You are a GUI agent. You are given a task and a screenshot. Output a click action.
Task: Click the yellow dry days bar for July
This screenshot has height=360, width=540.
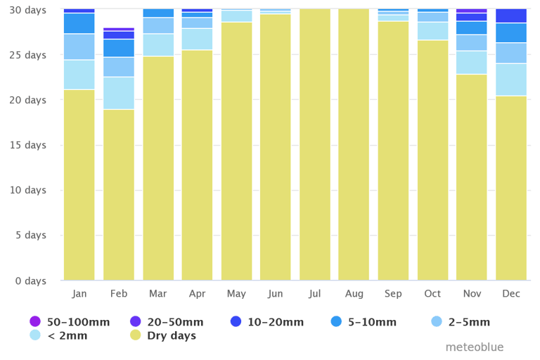coord(315,144)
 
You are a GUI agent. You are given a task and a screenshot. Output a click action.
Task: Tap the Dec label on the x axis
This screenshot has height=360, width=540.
coord(511,294)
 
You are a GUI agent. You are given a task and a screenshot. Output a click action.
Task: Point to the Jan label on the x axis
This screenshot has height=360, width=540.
coord(79,294)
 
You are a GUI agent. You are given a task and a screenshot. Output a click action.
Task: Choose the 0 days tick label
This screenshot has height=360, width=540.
coord(31,281)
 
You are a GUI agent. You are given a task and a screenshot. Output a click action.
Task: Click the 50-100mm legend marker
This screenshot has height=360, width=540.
coord(35,322)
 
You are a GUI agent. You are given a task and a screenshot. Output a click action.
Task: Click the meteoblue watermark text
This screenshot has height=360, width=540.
coord(475,347)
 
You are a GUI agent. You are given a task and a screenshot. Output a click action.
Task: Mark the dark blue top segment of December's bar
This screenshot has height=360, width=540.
coord(511,15)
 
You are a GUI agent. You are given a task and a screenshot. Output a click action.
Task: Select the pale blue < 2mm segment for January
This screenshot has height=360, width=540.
coord(79,75)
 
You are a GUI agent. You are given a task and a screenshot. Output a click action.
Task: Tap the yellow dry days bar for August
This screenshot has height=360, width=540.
coord(354,144)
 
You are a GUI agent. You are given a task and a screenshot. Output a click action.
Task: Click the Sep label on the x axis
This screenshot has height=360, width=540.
coord(393,294)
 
